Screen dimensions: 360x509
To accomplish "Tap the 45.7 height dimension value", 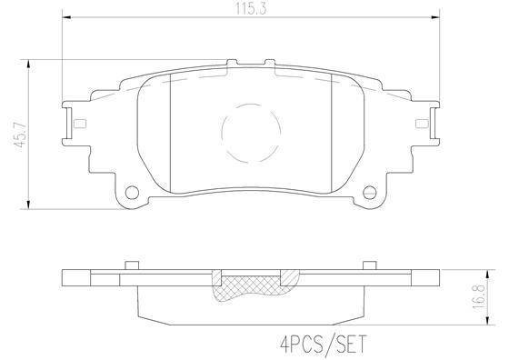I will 10,128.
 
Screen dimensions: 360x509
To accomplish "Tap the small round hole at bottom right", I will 369,193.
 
